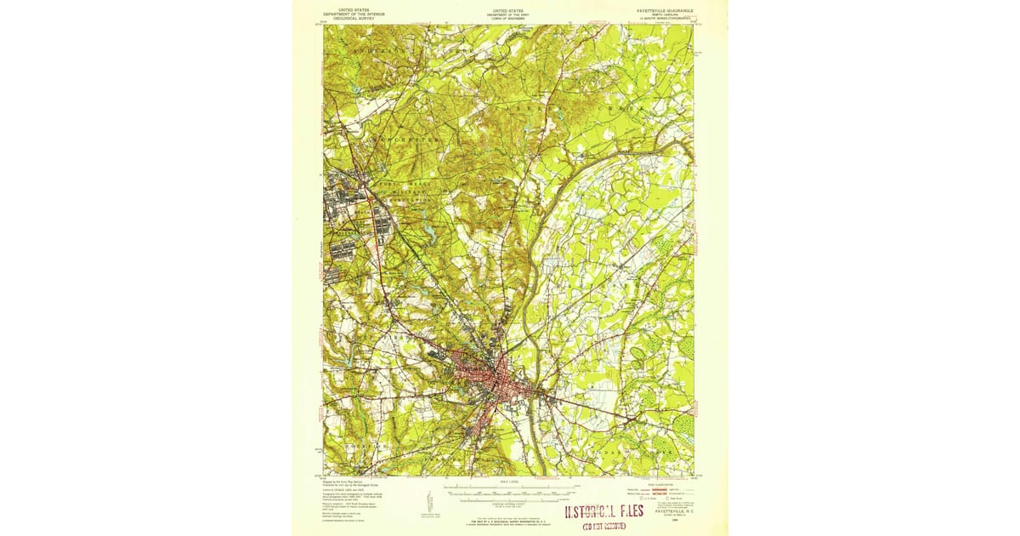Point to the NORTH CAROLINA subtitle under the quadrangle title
pos(666,15)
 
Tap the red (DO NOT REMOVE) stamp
pos(603,527)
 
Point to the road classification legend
pos(666,492)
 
